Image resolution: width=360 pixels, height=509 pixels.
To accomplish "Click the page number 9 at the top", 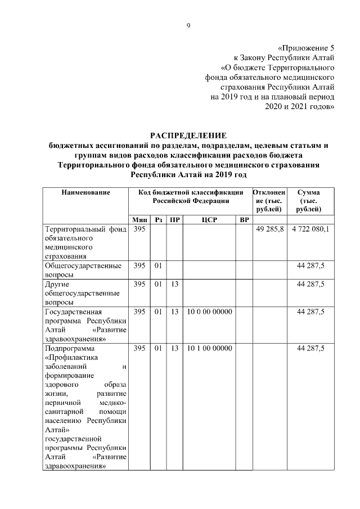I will [x=189, y=25].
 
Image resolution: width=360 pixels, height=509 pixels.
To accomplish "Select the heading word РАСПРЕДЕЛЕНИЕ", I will [x=188, y=136].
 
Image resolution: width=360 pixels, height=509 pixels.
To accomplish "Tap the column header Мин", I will [x=139, y=219].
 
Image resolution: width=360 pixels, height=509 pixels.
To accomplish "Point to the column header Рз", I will [x=159, y=219].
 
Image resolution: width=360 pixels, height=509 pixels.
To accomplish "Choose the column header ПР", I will [x=175, y=219].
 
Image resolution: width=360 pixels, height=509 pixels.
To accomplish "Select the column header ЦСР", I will [x=209, y=219].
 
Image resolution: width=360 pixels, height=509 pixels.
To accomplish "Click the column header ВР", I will [x=244, y=219].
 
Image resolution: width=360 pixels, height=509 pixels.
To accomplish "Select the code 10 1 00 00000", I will [x=209, y=349].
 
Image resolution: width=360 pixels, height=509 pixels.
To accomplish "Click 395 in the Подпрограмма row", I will [x=139, y=349].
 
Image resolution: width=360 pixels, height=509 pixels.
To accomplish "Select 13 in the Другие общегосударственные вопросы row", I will [x=175, y=284].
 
